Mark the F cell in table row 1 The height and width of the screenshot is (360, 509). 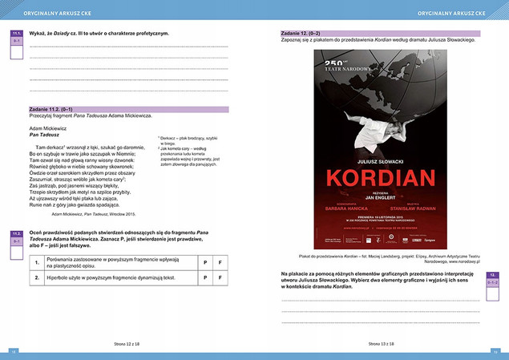(x=220, y=262)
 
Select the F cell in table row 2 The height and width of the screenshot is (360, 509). (x=220, y=278)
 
